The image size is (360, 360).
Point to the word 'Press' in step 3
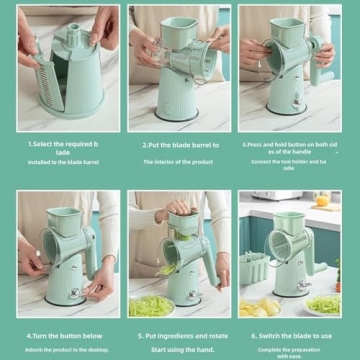point(258,144)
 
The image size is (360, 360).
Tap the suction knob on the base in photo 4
point(73,292)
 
